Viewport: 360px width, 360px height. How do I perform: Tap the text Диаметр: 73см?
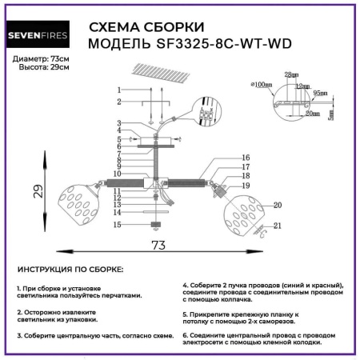tap(42, 60)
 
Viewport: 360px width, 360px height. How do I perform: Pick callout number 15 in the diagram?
tap(117, 226)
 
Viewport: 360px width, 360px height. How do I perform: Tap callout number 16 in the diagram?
tap(246, 158)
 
